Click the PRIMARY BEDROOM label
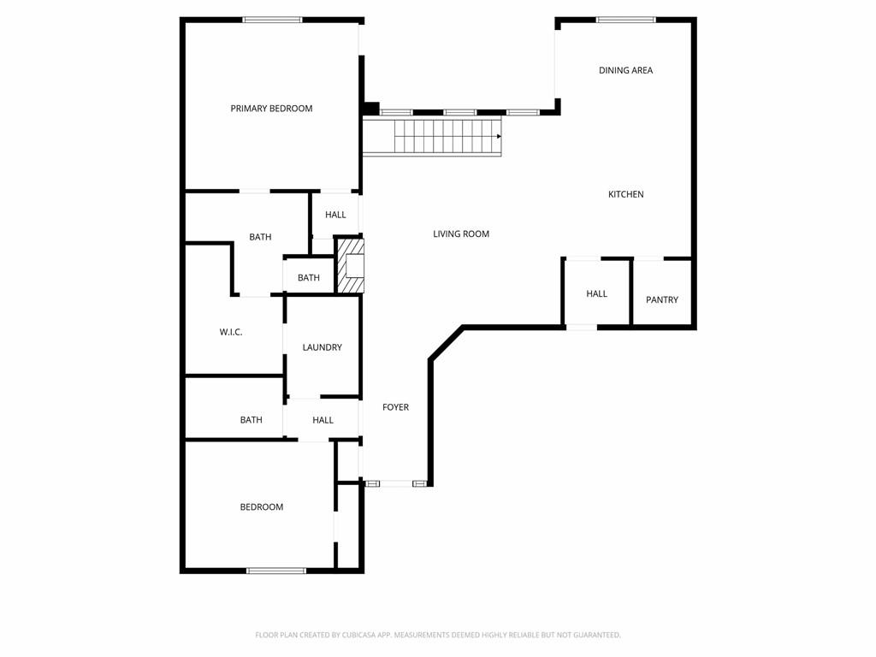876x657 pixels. (271, 109)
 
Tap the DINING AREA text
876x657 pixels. (625, 70)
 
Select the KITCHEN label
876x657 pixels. (625, 194)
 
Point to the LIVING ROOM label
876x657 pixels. (461, 234)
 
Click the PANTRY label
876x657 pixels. (662, 300)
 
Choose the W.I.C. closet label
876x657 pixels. (231, 333)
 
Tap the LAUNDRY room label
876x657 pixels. (323, 347)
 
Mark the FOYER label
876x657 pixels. (395, 407)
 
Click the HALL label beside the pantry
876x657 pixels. (596, 294)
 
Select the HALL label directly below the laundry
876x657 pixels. (323, 420)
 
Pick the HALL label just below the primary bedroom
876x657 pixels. (335, 215)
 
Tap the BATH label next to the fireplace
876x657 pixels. (308, 278)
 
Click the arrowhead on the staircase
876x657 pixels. (499, 136)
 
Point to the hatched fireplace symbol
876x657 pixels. (350, 266)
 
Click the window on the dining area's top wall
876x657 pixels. (625, 21)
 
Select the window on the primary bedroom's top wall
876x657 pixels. (272, 21)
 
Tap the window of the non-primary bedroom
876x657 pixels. (276, 571)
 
